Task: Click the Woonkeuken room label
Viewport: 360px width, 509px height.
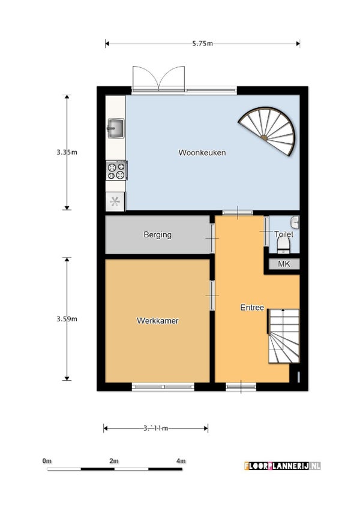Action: tap(202, 153)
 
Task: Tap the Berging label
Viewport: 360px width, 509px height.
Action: tap(157, 235)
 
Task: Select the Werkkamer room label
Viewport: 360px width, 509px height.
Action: tap(157, 321)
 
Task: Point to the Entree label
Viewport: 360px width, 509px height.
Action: tap(252, 308)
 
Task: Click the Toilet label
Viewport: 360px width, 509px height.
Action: tap(284, 234)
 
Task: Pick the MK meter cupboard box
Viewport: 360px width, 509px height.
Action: tap(284, 264)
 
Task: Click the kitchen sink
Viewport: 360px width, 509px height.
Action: tap(115, 127)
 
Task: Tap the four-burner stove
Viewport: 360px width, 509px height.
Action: tap(116, 171)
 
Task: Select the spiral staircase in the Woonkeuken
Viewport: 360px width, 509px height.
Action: tap(269, 131)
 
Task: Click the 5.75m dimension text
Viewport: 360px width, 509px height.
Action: tap(202, 43)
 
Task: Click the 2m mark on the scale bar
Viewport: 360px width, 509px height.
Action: tap(114, 461)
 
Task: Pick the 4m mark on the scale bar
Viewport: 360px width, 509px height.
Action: tap(181, 461)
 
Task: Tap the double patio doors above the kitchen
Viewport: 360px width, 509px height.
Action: tap(158, 78)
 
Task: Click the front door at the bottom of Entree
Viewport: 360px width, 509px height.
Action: tap(241, 387)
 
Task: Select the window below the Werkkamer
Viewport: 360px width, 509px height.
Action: tap(158, 387)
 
